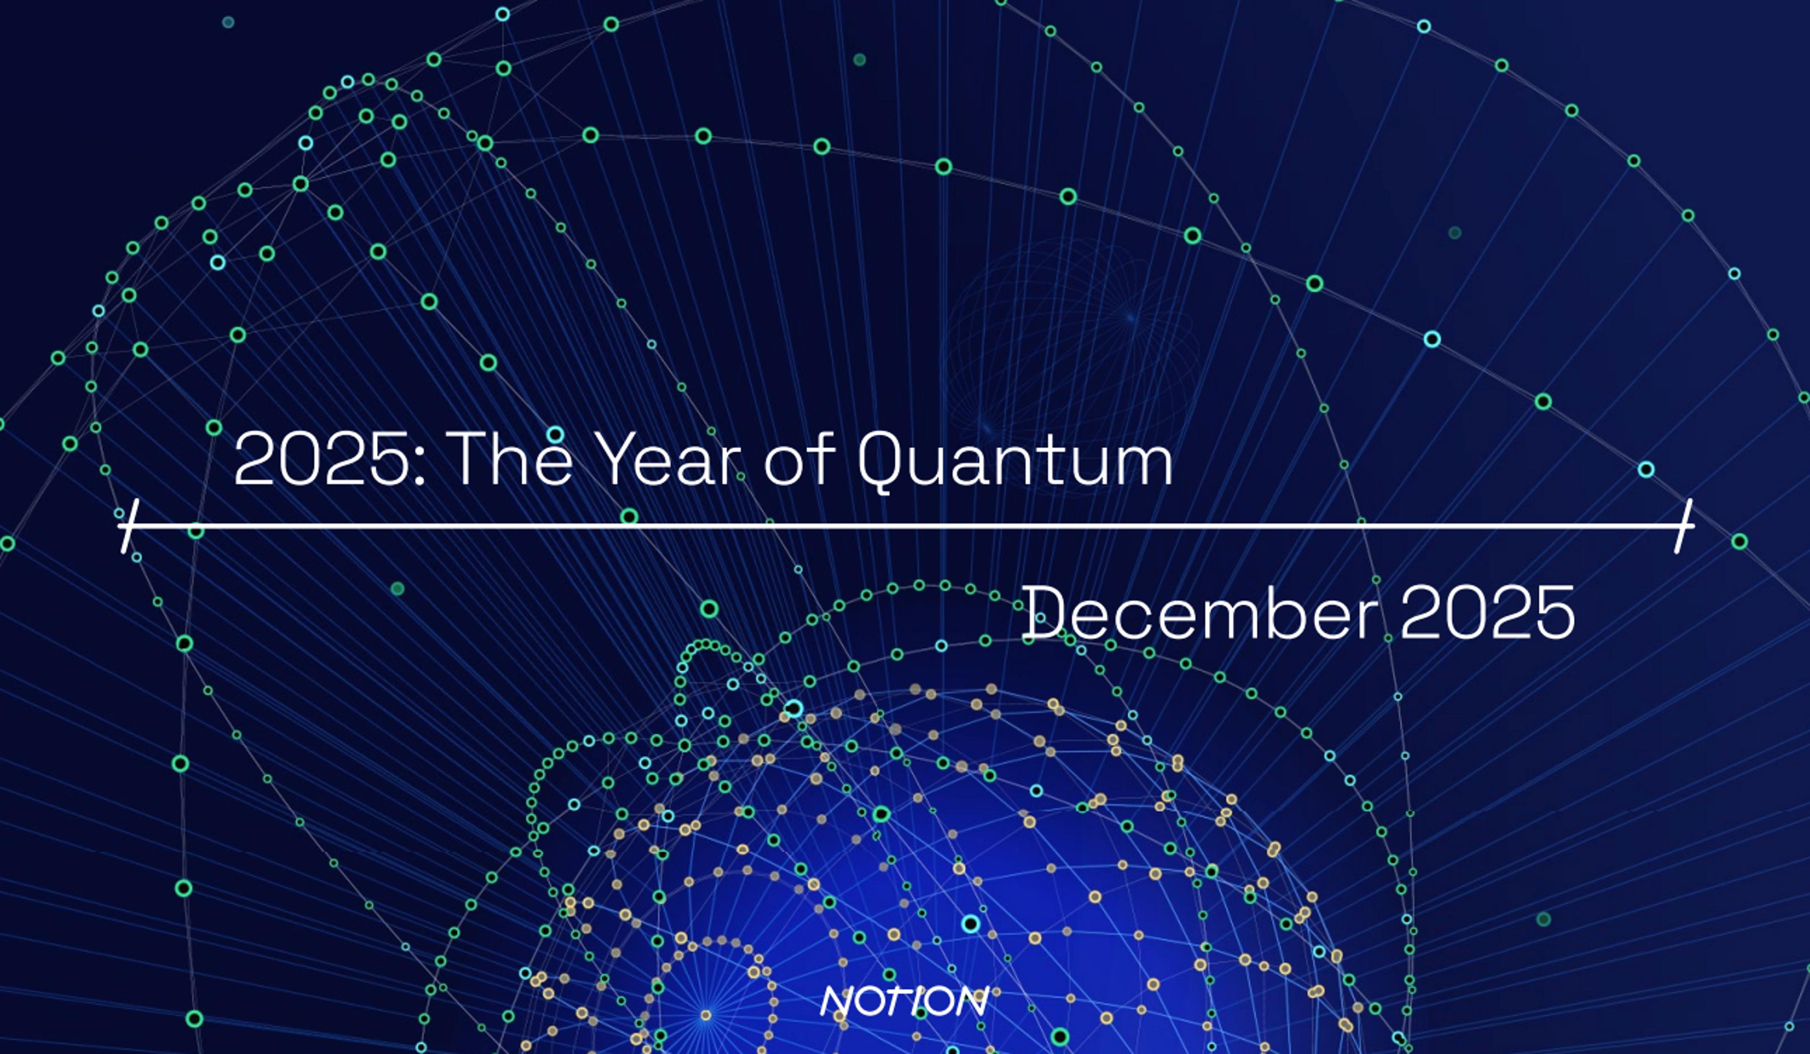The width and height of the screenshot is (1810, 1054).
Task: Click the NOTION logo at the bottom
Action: pos(904,1001)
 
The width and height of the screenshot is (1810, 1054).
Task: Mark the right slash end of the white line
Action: pos(1684,527)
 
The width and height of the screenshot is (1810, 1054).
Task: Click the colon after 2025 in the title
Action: pos(420,464)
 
